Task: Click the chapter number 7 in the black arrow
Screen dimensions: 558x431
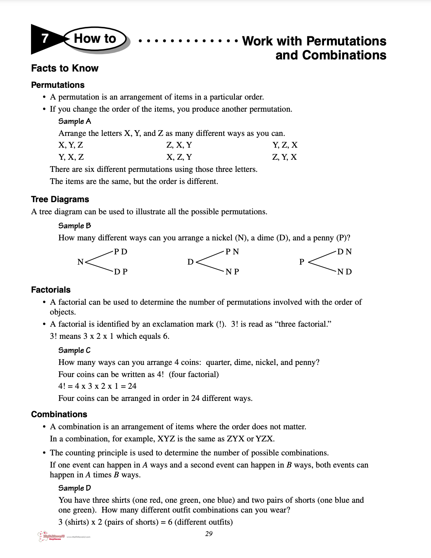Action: pos(45,39)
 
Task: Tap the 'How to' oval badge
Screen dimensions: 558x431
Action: pos(95,39)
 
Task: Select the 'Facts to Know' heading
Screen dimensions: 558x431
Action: pos(65,68)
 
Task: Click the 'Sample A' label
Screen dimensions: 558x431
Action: pos(74,121)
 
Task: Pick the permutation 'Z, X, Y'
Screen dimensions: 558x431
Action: pos(179,145)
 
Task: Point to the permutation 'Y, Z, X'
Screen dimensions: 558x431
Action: pos(285,145)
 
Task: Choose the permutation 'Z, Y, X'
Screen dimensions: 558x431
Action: pos(284,157)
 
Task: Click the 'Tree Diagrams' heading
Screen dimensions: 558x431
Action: pos(60,200)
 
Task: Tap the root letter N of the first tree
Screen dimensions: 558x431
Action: pos(80,262)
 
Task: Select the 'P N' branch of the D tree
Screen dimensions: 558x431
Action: pos(232,252)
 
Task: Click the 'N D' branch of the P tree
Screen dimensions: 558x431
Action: pos(344,272)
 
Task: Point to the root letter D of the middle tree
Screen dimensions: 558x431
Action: pos(191,262)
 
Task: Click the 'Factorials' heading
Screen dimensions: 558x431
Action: pos(51,290)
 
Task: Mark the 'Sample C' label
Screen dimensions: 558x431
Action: pos(74,350)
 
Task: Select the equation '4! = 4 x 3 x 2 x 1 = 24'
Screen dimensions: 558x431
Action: pos(97,386)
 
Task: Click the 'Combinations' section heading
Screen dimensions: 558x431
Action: pos(59,415)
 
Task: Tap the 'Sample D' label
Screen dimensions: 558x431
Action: pos(74,488)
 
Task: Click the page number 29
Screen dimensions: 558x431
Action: pos(209,534)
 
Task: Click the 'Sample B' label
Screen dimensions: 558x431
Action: pos(74,226)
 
